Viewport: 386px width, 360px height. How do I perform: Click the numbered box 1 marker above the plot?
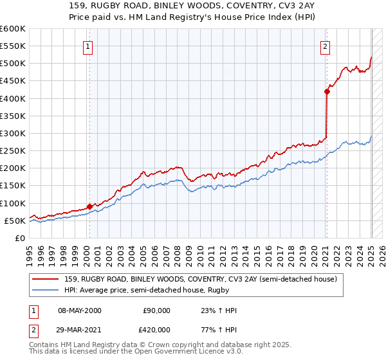point(87,46)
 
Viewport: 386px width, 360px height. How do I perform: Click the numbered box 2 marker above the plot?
point(326,46)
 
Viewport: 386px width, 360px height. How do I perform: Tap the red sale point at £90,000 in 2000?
point(89,206)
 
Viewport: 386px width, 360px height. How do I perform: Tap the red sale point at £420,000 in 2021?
point(327,91)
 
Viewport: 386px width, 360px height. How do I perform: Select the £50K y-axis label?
point(15,221)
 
